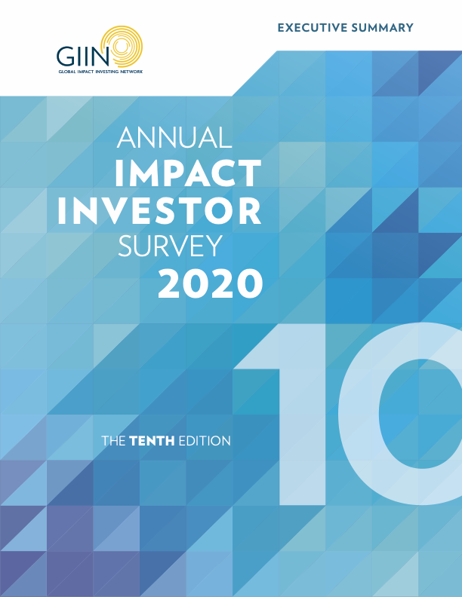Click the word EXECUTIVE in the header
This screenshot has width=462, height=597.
pyautogui.click(x=313, y=28)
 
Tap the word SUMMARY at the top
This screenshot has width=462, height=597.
pyautogui.click(x=382, y=28)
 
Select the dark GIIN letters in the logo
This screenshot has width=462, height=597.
pyautogui.click(x=83, y=57)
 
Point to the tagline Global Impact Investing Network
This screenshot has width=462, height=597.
pyautogui.click(x=100, y=71)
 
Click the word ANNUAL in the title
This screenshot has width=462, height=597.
pyautogui.click(x=174, y=137)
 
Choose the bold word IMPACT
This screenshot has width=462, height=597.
pyautogui.click(x=188, y=173)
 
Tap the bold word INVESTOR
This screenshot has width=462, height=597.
pyautogui.click(x=160, y=210)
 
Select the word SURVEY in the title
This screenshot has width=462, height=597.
pyautogui.click(x=170, y=246)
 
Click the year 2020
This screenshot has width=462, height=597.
pyautogui.click(x=211, y=283)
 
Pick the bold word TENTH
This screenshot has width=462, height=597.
pyautogui.click(x=152, y=441)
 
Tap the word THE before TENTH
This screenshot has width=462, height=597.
pyautogui.click(x=113, y=441)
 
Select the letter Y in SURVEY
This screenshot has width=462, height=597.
pyautogui.click(x=213, y=246)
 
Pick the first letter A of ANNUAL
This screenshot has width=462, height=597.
pyautogui.click(x=127, y=137)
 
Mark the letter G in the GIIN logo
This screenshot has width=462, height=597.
pyautogui.click(x=65, y=57)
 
